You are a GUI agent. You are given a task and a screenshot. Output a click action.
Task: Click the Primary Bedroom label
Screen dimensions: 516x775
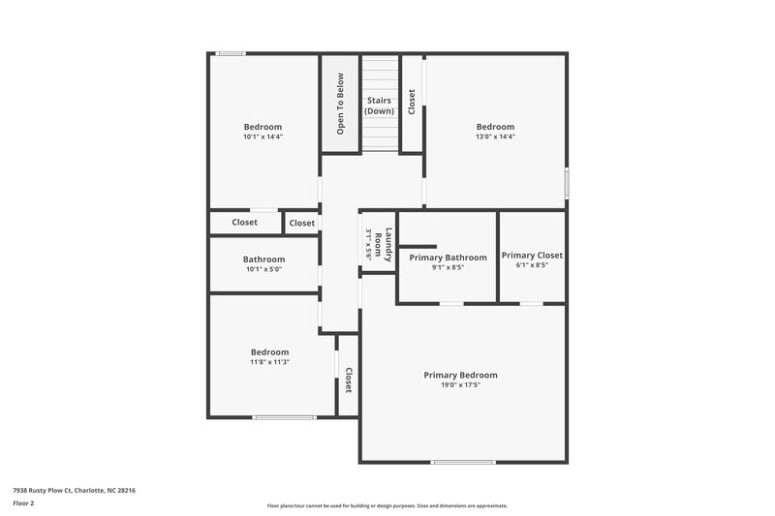(460, 375)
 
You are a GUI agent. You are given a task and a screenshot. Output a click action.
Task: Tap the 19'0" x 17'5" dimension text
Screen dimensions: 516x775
(460, 385)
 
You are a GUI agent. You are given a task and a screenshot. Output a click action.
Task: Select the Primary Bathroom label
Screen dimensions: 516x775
(448, 258)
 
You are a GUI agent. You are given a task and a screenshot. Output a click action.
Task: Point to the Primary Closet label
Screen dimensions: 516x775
(532, 255)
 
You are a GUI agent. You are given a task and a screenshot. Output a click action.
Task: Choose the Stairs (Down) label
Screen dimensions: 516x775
(379, 106)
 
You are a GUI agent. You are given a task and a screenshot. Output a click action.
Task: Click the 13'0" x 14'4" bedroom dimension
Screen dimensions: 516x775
(495, 137)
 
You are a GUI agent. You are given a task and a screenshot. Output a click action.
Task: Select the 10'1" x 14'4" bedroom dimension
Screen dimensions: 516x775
(263, 137)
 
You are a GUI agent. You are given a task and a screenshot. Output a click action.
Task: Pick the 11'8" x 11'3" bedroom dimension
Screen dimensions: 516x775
(269, 362)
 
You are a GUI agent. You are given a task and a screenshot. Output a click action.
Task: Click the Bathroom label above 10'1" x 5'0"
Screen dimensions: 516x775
(263, 259)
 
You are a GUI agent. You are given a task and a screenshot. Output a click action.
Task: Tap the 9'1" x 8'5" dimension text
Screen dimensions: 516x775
(448, 268)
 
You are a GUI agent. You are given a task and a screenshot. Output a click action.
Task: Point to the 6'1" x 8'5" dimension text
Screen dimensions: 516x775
(532, 265)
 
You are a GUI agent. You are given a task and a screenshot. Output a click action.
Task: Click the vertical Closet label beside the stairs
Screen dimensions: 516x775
(412, 102)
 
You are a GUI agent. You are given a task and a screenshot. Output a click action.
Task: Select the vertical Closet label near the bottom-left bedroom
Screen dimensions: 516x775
(348, 379)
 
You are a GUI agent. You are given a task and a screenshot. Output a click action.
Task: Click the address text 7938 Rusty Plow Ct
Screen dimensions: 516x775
(74, 490)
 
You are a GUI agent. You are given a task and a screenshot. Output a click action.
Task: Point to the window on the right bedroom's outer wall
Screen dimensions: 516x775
(567, 184)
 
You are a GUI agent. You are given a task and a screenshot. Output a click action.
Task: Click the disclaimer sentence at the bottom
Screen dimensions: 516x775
(387, 505)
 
